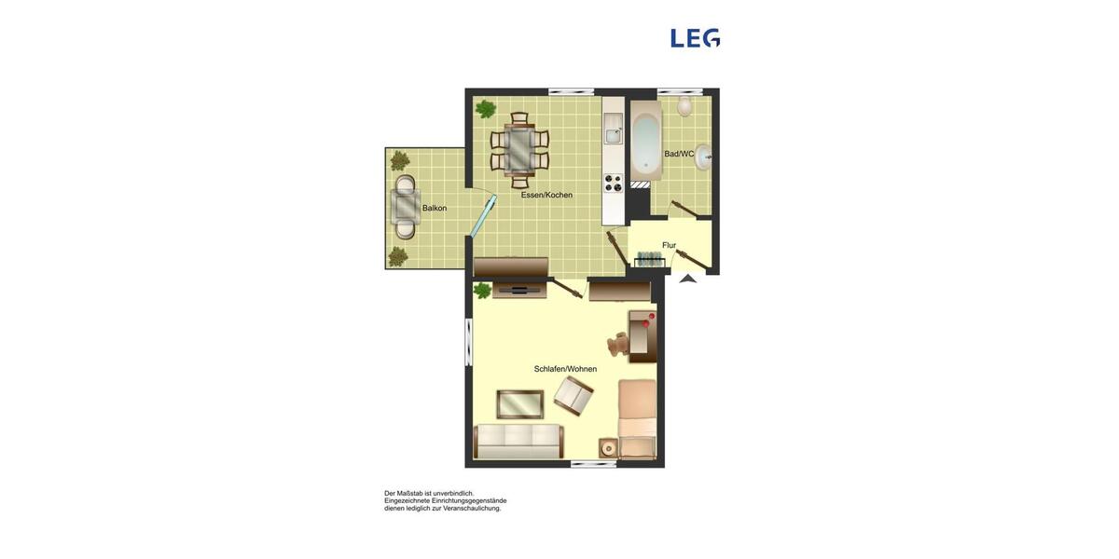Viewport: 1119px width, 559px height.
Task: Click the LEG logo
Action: click(x=695, y=38)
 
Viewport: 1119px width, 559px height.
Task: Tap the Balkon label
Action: click(x=435, y=208)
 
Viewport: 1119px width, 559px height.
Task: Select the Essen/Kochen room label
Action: click(x=546, y=195)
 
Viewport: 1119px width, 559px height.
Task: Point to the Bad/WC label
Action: click(x=679, y=154)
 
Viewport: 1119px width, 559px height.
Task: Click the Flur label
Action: click(x=669, y=245)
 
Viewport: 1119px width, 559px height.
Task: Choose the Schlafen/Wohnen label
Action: click(x=565, y=369)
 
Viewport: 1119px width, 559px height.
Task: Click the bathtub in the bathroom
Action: click(x=645, y=145)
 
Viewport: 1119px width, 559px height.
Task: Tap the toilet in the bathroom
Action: click(x=685, y=105)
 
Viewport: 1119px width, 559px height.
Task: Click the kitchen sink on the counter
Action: click(x=613, y=134)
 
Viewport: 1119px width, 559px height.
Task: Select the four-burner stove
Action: click(x=613, y=182)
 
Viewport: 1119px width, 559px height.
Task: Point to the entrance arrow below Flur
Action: click(x=688, y=277)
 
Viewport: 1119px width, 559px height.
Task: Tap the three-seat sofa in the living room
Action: click(x=518, y=441)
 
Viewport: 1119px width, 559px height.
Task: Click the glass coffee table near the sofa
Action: click(x=519, y=403)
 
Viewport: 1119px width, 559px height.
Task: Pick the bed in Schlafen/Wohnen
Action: click(x=638, y=419)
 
